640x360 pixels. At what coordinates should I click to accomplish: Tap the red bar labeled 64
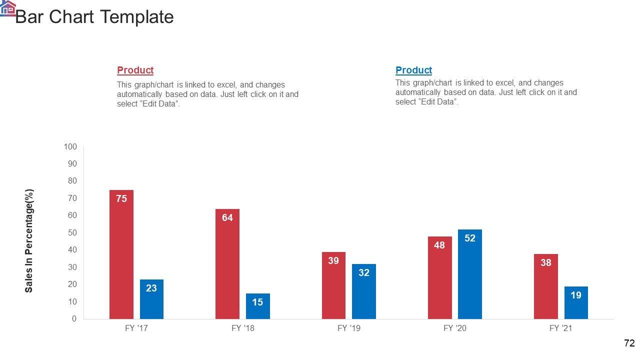tap(227, 263)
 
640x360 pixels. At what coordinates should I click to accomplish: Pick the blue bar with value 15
tap(257, 306)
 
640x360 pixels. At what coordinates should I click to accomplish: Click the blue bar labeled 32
tap(363, 291)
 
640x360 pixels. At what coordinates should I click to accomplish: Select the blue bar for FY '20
tap(469, 274)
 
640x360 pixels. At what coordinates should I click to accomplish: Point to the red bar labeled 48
tap(439, 277)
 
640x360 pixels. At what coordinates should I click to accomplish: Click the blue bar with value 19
tap(576, 302)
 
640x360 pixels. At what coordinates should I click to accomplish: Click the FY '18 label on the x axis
tap(243, 328)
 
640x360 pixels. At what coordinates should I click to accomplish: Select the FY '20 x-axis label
tap(455, 328)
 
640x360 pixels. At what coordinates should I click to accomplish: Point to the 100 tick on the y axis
tap(70, 146)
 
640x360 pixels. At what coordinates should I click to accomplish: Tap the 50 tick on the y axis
tap(72, 232)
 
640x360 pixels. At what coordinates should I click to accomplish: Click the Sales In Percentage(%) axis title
tap(29, 240)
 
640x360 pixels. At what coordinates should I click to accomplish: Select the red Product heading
tap(135, 70)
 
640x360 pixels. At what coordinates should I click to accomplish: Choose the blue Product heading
tap(413, 70)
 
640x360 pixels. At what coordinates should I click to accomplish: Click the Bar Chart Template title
tap(94, 17)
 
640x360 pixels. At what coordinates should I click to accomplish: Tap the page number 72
tap(629, 343)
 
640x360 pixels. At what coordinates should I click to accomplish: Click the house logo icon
tap(7, 7)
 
